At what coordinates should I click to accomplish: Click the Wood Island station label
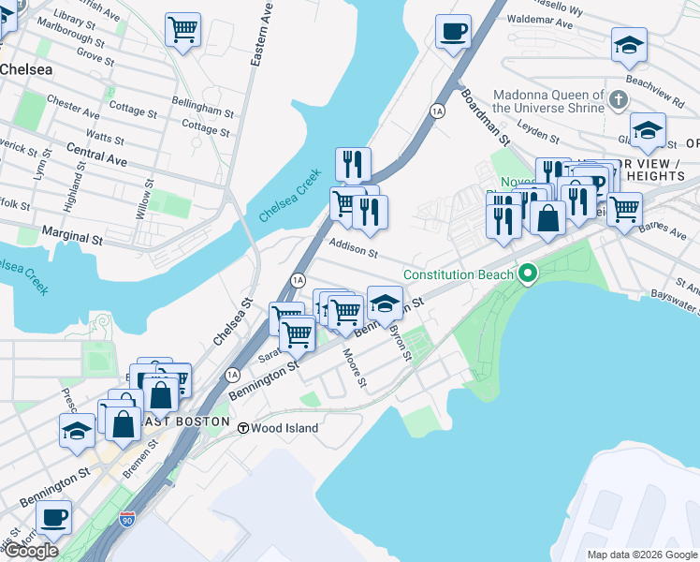click(285, 428)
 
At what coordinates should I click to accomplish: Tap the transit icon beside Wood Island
click(242, 428)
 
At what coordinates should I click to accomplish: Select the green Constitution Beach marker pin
click(528, 274)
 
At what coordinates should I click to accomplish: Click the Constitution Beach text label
click(459, 274)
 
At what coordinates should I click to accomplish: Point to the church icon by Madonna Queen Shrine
click(618, 98)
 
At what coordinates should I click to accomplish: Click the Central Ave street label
click(96, 154)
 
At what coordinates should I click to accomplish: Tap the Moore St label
click(355, 368)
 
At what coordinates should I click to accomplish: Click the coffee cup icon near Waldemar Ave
click(453, 32)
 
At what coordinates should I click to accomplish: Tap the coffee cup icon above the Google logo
click(52, 516)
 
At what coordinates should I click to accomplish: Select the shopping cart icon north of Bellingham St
click(182, 29)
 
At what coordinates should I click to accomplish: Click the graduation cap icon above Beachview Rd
click(630, 44)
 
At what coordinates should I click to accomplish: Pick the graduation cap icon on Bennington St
click(385, 303)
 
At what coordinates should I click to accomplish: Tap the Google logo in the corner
click(31, 551)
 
